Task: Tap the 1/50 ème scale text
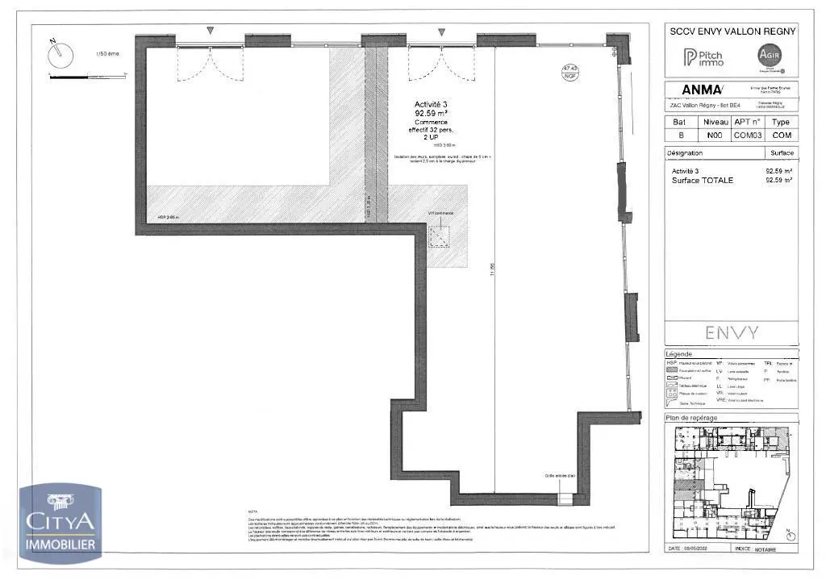106,54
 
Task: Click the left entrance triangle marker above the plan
211,31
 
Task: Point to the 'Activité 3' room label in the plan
431,105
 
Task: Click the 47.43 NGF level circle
570,72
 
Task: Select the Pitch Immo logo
703,57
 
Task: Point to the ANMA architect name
702,90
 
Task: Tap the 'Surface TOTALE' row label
703,180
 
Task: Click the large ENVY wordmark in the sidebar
732,332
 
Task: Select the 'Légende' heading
679,354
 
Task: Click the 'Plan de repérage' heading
691,418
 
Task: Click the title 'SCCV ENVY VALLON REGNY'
732,31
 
